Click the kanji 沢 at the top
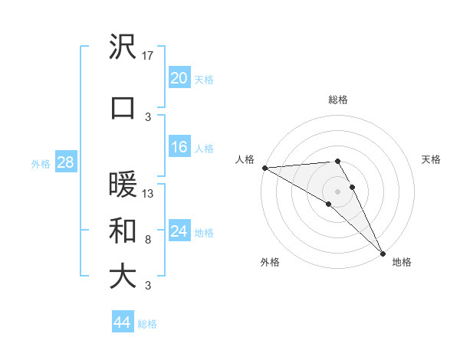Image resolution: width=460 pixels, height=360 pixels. pyautogui.click(x=123, y=47)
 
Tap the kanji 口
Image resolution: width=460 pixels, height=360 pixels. pyautogui.click(x=123, y=107)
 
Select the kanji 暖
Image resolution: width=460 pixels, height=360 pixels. pyautogui.click(x=123, y=185)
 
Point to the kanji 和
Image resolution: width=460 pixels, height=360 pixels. pyautogui.click(x=123, y=231)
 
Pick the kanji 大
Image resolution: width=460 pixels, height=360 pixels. pyautogui.click(x=123, y=277)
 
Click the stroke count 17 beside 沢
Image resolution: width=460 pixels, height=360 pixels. pyautogui.click(x=149, y=56)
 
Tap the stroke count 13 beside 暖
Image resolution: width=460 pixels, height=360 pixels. pyautogui.click(x=149, y=194)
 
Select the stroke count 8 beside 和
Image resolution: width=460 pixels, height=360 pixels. pyautogui.click(x=147, y=240)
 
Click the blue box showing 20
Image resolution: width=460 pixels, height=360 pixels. pyautogui.click(x=179, y=78)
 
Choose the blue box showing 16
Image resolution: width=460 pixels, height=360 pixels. pyautogui.click(x=179, y=147)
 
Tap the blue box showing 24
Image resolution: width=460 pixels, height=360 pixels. pyautogui.click(x=179, y=231)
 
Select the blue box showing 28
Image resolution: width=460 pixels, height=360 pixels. pyautogui.click(x=65, y=162)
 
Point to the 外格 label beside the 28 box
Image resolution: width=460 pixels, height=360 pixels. pyautogui.click(x=41, y=163)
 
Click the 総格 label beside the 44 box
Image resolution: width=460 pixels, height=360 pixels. pyautogui.click(x=148, y=324)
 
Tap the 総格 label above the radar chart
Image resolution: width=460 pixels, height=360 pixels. pyautogui.click(x=338, y=100)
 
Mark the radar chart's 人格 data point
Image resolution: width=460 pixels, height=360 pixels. pyautogui.click(x=264, y=168)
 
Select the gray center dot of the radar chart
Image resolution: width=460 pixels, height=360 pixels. pyautogui.click(x=337, y=190)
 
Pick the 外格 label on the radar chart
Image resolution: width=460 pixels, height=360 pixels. pyautogui.click(x=270, y=262)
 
